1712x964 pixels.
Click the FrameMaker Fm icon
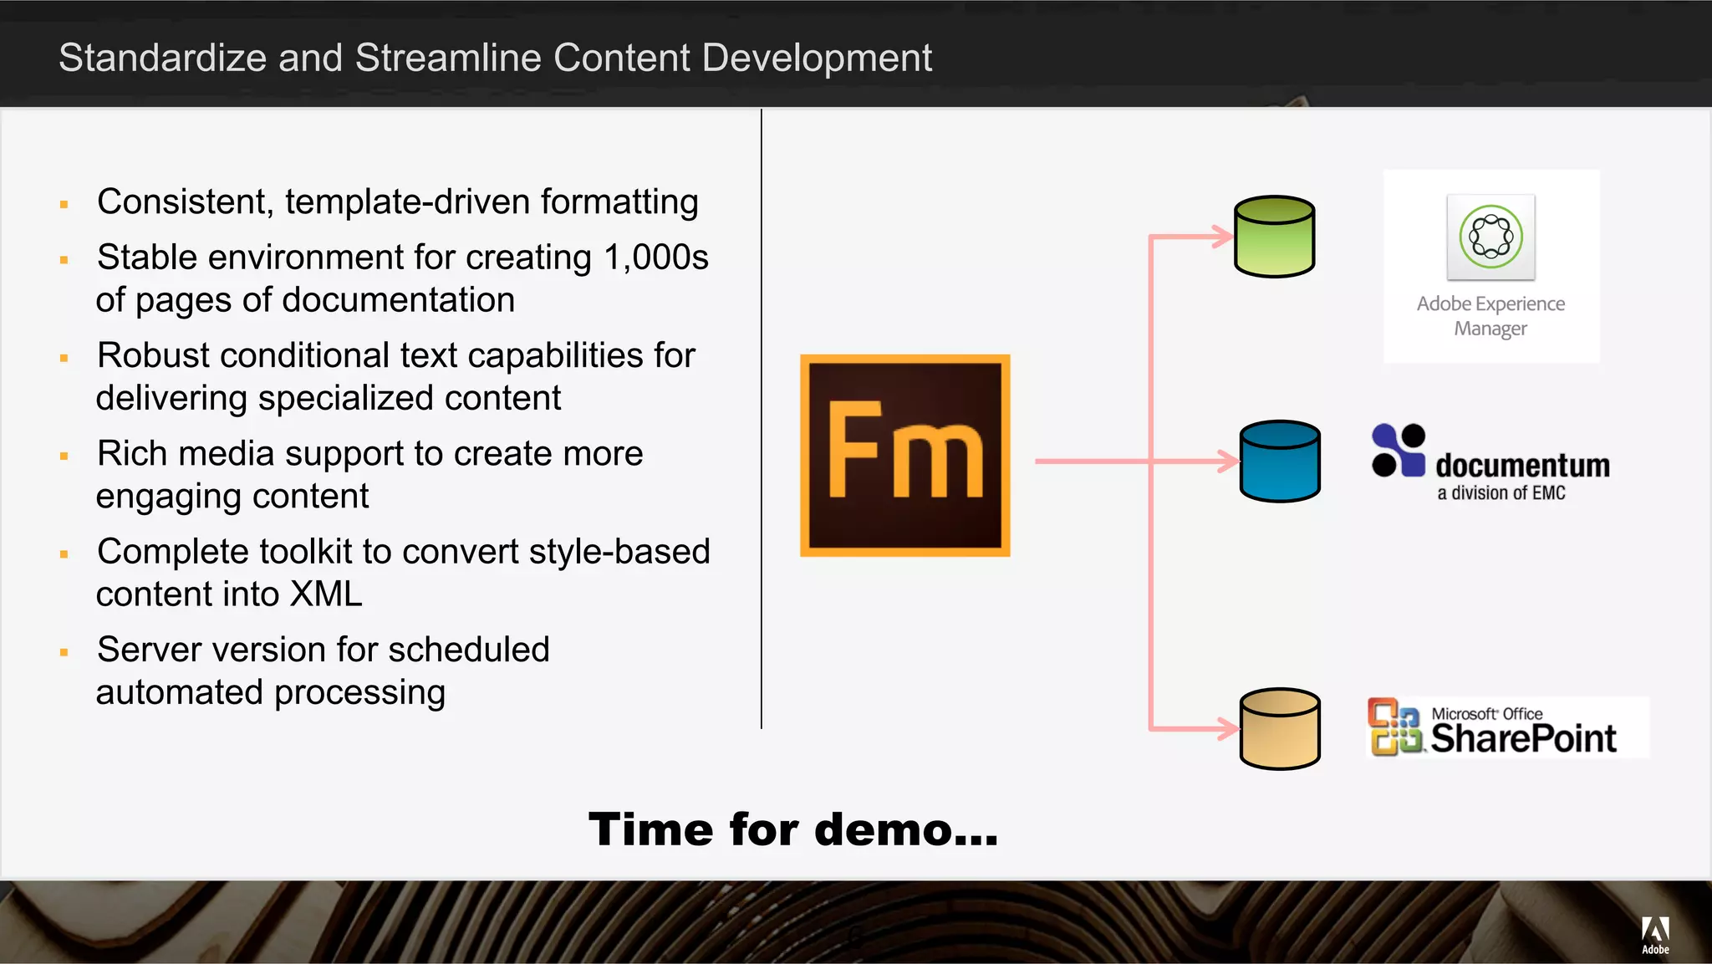904,456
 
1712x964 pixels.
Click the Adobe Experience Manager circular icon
1490,237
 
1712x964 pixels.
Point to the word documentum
1522,465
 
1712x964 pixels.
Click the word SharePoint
1523,738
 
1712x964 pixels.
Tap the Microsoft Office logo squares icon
1394,727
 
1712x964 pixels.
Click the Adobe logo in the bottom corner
1655,934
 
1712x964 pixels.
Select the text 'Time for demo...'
792,829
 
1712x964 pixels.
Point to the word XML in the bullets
325,594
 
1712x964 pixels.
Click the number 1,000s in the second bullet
655,257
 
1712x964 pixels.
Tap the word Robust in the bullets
154,355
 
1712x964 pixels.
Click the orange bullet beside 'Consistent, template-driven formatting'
64,204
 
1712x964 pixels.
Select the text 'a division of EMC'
1501,493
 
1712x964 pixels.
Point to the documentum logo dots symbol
1398,451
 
